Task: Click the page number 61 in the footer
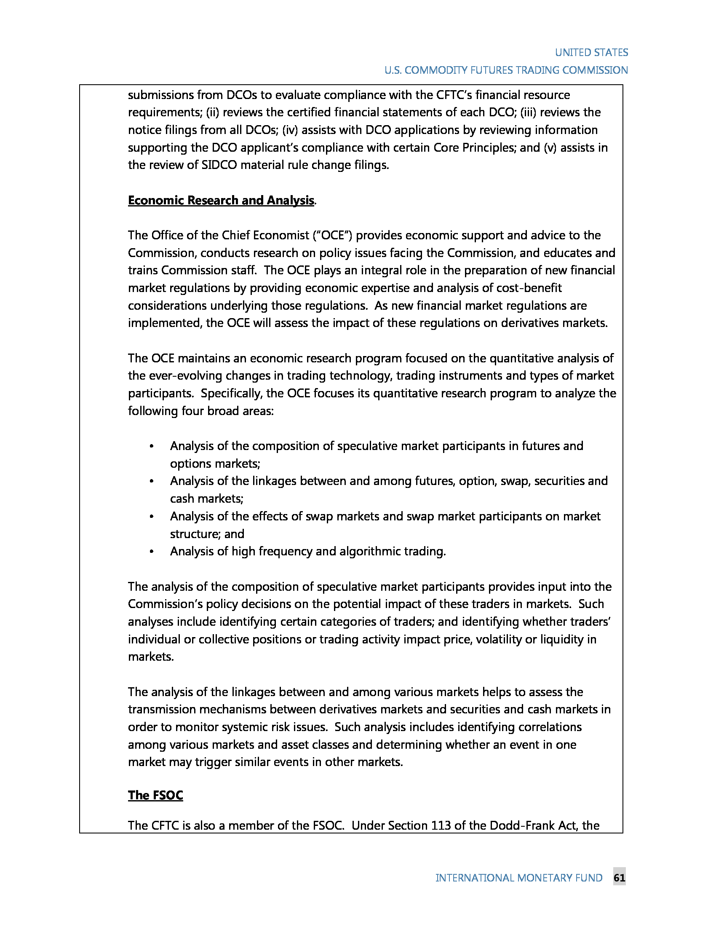619,878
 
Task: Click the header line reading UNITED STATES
591,53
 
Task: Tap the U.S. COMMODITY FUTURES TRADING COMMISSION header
505,70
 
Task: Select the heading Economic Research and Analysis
221,200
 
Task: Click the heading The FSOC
155,795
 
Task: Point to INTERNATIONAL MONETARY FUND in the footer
518,878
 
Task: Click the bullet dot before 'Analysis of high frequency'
152,552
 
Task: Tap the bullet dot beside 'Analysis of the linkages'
152,481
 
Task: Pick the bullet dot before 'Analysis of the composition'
152,447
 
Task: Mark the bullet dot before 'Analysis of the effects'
152,517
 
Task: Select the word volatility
498,639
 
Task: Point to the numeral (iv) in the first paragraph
290,130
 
